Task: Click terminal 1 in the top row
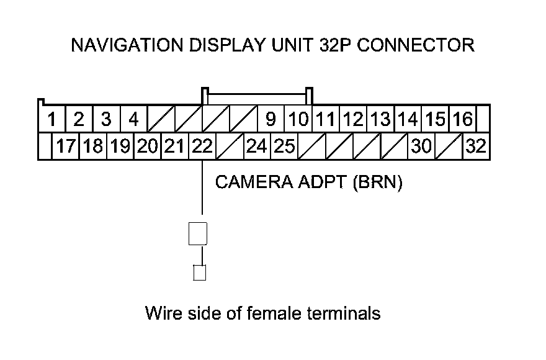[51, 118]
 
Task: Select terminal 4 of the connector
[133, 118]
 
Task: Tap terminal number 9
[270, 118]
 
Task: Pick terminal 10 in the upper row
[299, 118]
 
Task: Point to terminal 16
[462, 118]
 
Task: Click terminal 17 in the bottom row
[66, 146]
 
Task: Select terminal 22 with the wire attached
[202, 146]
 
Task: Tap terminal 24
[256, 146]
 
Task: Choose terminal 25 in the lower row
[284, 146]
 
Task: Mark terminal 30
[421, 146]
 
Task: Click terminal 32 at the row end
[476, 146]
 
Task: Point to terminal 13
[380, 118]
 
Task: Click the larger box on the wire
[197, 233]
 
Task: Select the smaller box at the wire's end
[199, 272]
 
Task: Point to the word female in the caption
[273, 313]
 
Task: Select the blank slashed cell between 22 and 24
[229, 146]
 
